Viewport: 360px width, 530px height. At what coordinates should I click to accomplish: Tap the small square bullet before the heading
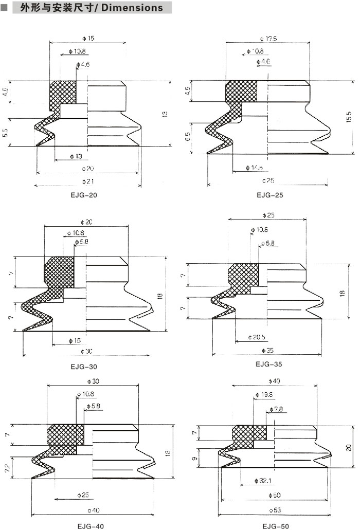click(x=4, y=8)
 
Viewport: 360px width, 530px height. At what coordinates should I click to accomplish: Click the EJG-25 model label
click(x=270, y=195)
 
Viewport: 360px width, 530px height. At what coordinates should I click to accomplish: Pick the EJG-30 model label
click(x=84, y=367)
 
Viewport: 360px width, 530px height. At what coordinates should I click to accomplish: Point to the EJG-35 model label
click(x=268, y=364)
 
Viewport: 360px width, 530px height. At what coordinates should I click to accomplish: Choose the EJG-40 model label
click(x=91, y=526)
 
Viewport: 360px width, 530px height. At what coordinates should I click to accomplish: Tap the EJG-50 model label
click(x=276, y=526)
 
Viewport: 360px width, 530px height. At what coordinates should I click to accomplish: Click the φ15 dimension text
click(x=88, y=38)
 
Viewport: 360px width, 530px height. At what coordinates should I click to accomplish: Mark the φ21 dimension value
click(x=88, y=181)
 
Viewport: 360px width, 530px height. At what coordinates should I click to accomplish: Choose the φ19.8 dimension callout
click(x=264, y=395)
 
